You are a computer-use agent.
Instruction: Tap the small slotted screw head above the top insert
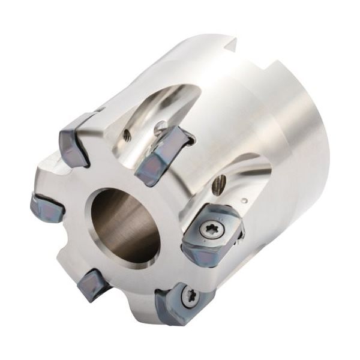[x=161, y=127]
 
